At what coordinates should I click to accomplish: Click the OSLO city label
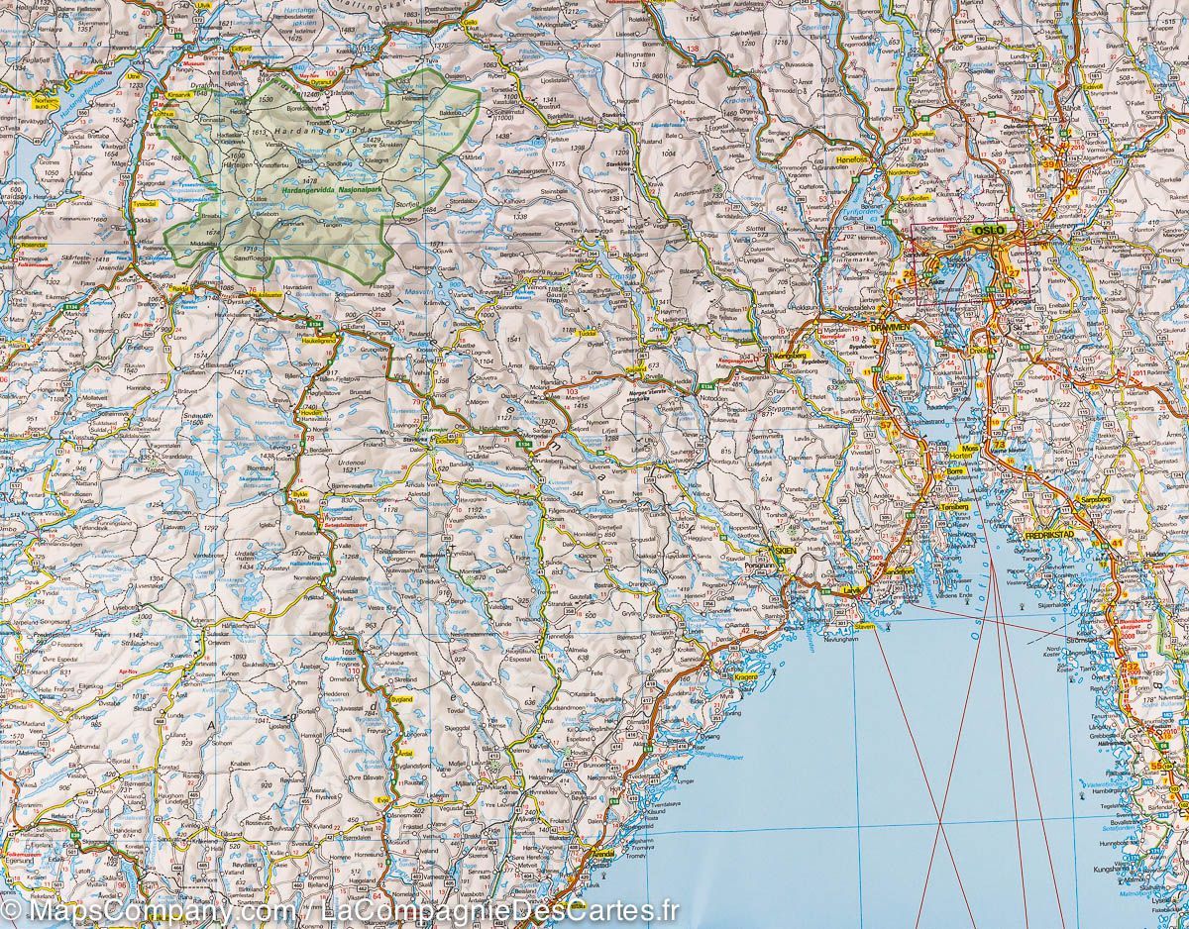point(990,230)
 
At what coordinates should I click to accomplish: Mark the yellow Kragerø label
point(746,676)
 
